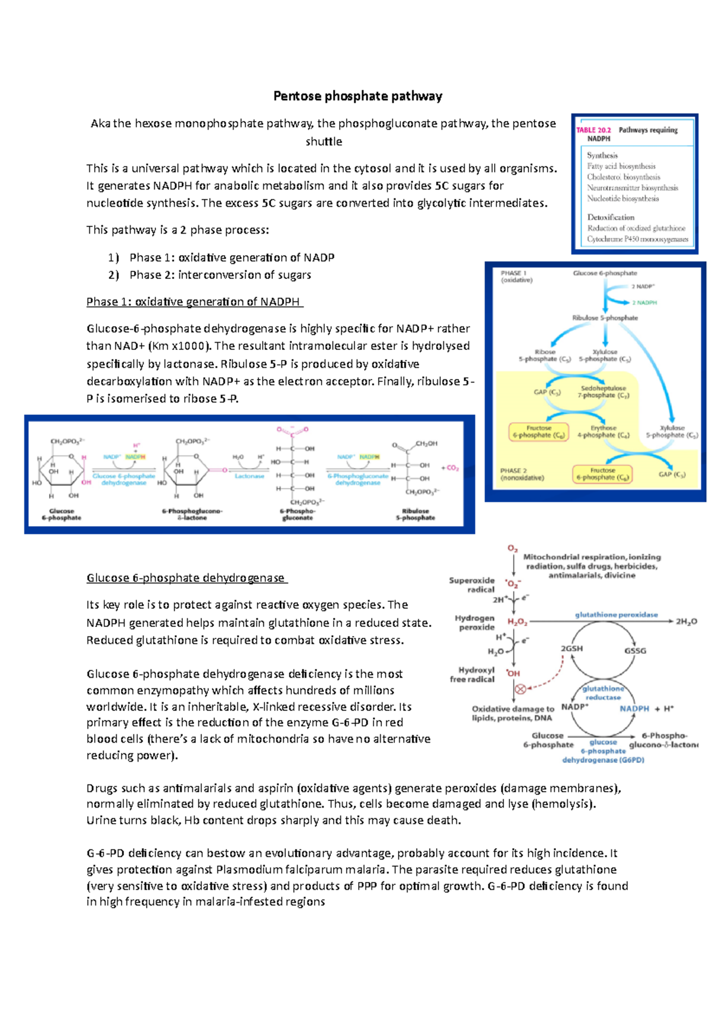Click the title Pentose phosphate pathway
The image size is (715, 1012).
click(357, 96)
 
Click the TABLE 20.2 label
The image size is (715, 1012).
click(593, 130)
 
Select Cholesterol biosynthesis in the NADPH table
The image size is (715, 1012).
click(623, 177)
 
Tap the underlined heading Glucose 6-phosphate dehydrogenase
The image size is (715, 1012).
click(186, 578)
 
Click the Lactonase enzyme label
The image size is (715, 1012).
click(249, 476)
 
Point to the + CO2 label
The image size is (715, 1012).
click(450, 468)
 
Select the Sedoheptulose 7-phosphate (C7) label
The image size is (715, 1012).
click(603, 392)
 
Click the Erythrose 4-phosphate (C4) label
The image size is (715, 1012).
click(603, 432)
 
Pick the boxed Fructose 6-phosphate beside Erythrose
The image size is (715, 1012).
click(539, 432)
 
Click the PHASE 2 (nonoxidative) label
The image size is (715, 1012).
click(522, 474)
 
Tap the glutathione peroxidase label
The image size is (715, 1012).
click(616, 614)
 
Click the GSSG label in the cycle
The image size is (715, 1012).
click(635, 650)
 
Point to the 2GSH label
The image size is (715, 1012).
click(571, 648)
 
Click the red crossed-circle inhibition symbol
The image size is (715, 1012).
click(520, 689)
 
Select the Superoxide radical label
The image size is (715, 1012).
click(472, 585)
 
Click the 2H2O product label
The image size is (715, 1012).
click(686, 622)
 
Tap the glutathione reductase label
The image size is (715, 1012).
click(603, 693)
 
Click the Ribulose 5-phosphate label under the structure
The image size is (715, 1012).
click(415, 514)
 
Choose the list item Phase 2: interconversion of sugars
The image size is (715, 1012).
click(220, 275)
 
